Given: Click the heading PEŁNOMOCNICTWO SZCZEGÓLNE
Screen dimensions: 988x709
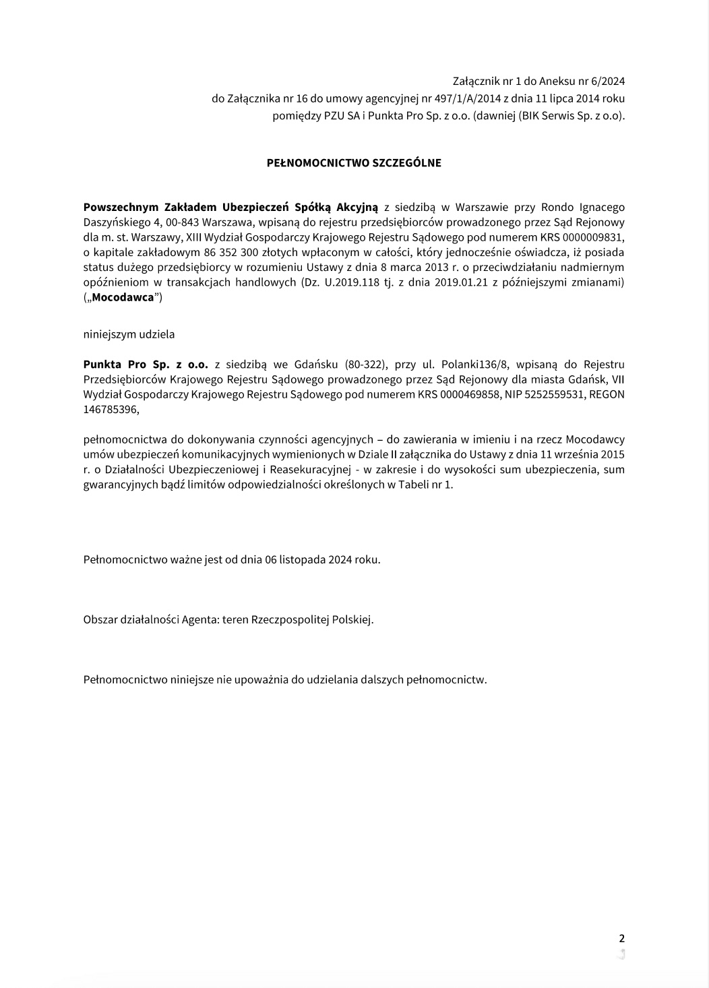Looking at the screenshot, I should coord(354,163).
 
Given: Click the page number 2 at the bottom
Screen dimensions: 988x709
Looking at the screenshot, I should coord(621,938).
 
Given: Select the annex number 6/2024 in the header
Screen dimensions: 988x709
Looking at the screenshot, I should coord(608,82).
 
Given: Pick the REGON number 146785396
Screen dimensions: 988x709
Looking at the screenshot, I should coord(109,409).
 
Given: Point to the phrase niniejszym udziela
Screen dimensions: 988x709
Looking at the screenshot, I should coord(129,334).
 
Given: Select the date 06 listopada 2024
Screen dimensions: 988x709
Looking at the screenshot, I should coord(315,559).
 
